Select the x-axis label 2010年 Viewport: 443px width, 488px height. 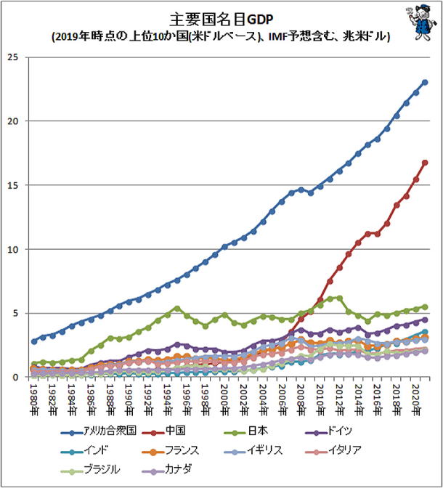(320, 398)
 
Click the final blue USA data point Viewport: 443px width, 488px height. (425, 82)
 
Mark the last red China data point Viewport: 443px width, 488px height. (425, 163)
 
